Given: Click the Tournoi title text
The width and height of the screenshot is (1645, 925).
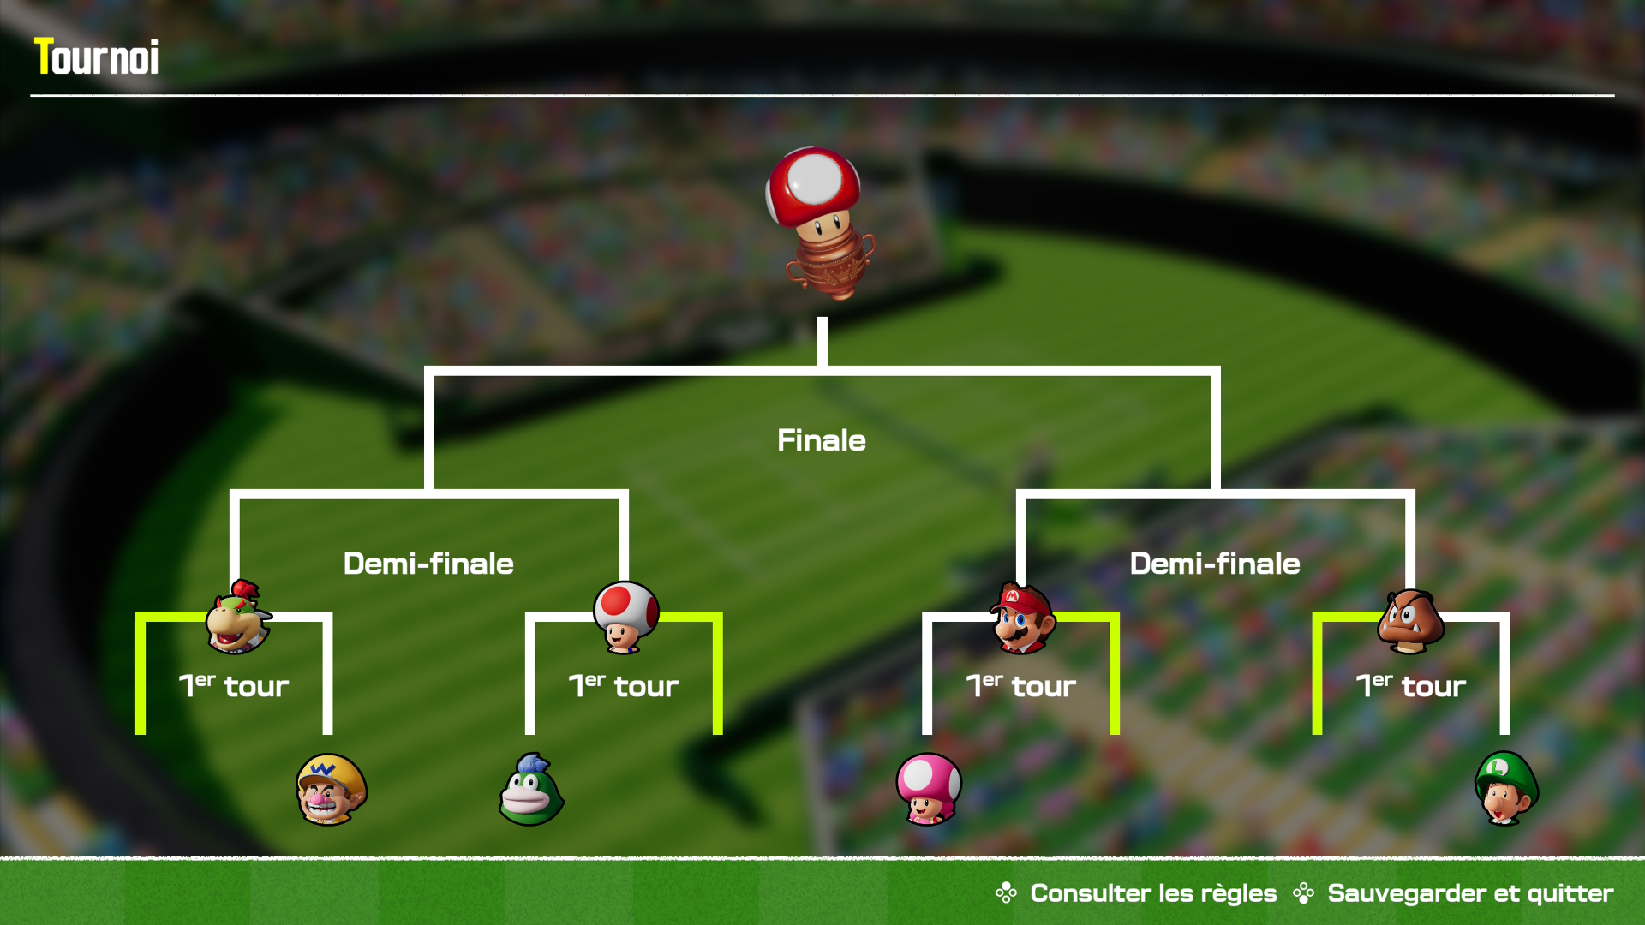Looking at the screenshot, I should pos(96,57).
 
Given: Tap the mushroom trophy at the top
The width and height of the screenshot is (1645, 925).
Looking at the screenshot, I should pos(819,223).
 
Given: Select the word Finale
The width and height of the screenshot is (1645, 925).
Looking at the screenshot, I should pos(821,440).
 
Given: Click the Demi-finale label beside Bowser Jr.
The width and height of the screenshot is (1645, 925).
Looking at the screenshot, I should pos(428,564).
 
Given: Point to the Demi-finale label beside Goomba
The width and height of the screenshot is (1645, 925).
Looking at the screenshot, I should pos(1214,564).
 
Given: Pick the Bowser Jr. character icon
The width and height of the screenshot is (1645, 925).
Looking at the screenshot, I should pos(237,618).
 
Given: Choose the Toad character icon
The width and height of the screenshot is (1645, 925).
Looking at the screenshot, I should pos(625,618).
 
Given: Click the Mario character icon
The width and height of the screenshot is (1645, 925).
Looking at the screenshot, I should pos(1022,618).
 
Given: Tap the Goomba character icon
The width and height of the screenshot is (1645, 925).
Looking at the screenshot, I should pos(1409,622).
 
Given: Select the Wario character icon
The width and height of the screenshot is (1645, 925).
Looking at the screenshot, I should pos(331,789).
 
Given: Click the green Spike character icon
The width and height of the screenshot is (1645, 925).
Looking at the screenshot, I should pos(531,790).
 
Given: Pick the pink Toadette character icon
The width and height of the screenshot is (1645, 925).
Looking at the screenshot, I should pos(928,789).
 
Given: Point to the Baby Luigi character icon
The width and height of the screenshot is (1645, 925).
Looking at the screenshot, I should pos(1505,788).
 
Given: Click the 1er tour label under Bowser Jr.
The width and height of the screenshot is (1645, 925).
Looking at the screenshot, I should pos(234,685).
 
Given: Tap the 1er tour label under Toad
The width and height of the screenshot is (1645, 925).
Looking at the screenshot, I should pos(624,685).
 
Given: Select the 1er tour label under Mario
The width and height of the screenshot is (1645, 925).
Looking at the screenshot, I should pos(1020,685).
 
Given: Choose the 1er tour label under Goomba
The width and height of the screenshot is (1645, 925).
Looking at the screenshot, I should pos(1410,685).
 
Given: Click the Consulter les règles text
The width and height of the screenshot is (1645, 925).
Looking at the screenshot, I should pos(1152,893).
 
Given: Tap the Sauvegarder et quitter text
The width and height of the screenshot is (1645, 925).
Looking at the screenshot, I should pos(1469,893).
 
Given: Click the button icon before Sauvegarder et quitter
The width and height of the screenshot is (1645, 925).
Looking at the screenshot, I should pos(1303,893).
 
